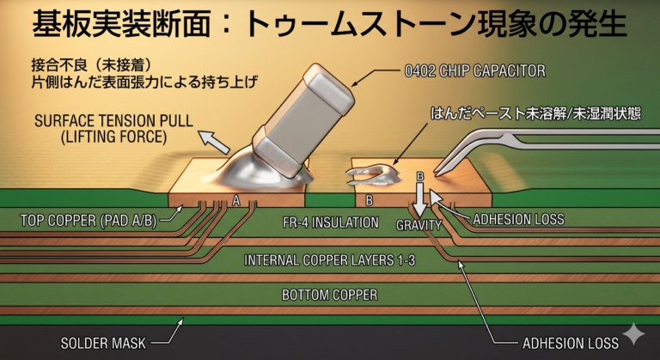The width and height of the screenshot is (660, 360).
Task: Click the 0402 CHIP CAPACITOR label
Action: tap(474, 70)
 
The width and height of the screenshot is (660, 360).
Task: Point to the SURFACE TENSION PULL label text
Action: tap(113, 121)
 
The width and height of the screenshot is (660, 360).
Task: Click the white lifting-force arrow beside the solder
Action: tap(214, 142)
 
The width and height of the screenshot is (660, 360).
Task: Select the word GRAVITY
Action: tap(419, 225)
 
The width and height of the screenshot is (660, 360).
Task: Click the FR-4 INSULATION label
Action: tap(330, 223)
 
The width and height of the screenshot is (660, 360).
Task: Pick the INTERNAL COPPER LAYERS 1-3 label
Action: tap(330, 260)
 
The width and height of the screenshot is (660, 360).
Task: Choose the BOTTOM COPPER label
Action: tap(330, 295)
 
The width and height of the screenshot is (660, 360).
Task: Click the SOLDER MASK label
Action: tap(103, 343)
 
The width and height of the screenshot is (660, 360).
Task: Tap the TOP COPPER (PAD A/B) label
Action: tap(89, 221)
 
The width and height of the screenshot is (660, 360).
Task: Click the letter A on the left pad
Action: tap(236, 201)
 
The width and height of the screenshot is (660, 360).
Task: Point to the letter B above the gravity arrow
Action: tap(419, 176)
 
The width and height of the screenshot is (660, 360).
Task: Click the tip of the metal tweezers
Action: tap(436, 173)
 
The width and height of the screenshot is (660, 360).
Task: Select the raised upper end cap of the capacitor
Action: tap(329, 86)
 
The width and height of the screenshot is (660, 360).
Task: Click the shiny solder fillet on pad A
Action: tap(253, 173)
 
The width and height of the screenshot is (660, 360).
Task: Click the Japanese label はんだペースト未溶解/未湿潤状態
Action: tap(535, 113)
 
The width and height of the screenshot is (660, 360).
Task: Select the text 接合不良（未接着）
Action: tap(91, 64)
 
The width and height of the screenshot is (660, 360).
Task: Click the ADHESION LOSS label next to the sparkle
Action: tap(571, 343)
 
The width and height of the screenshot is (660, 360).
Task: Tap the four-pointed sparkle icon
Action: tap(634, 334)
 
